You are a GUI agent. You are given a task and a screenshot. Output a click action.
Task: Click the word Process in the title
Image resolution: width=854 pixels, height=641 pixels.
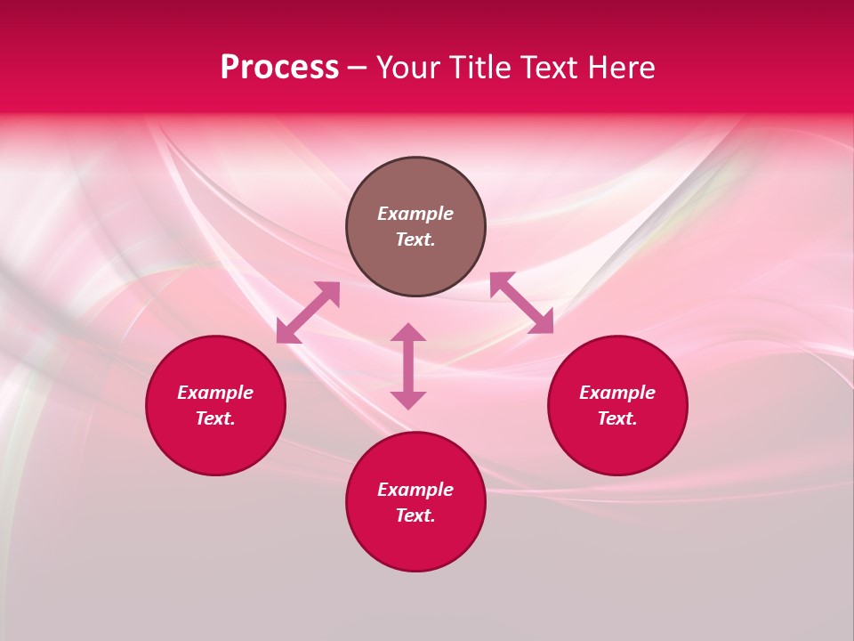pos(279,68)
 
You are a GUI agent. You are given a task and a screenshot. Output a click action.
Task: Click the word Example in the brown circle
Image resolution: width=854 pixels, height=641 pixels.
pos(415,214)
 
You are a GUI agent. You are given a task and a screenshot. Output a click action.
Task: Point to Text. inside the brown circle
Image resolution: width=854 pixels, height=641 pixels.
pos(415,239)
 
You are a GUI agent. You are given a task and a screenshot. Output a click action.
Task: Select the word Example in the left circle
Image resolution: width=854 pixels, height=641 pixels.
pos(215,393)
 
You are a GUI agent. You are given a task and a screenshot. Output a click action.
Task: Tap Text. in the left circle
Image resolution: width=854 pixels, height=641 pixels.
pos(215,418)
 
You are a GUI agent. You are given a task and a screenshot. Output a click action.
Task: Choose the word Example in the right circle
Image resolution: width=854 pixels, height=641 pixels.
pos(617,393)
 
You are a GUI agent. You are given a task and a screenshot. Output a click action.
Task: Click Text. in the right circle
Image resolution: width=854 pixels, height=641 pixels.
pos(617,418)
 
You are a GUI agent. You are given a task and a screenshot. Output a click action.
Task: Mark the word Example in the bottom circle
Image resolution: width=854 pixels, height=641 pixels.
pos(415,490)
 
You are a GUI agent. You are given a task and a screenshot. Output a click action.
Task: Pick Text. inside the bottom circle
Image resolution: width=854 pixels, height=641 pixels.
pos(415,515)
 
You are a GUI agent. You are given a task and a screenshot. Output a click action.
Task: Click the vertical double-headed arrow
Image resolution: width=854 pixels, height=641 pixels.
pos(408,366)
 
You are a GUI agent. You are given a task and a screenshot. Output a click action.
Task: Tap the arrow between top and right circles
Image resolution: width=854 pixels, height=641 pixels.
pos(521,303)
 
